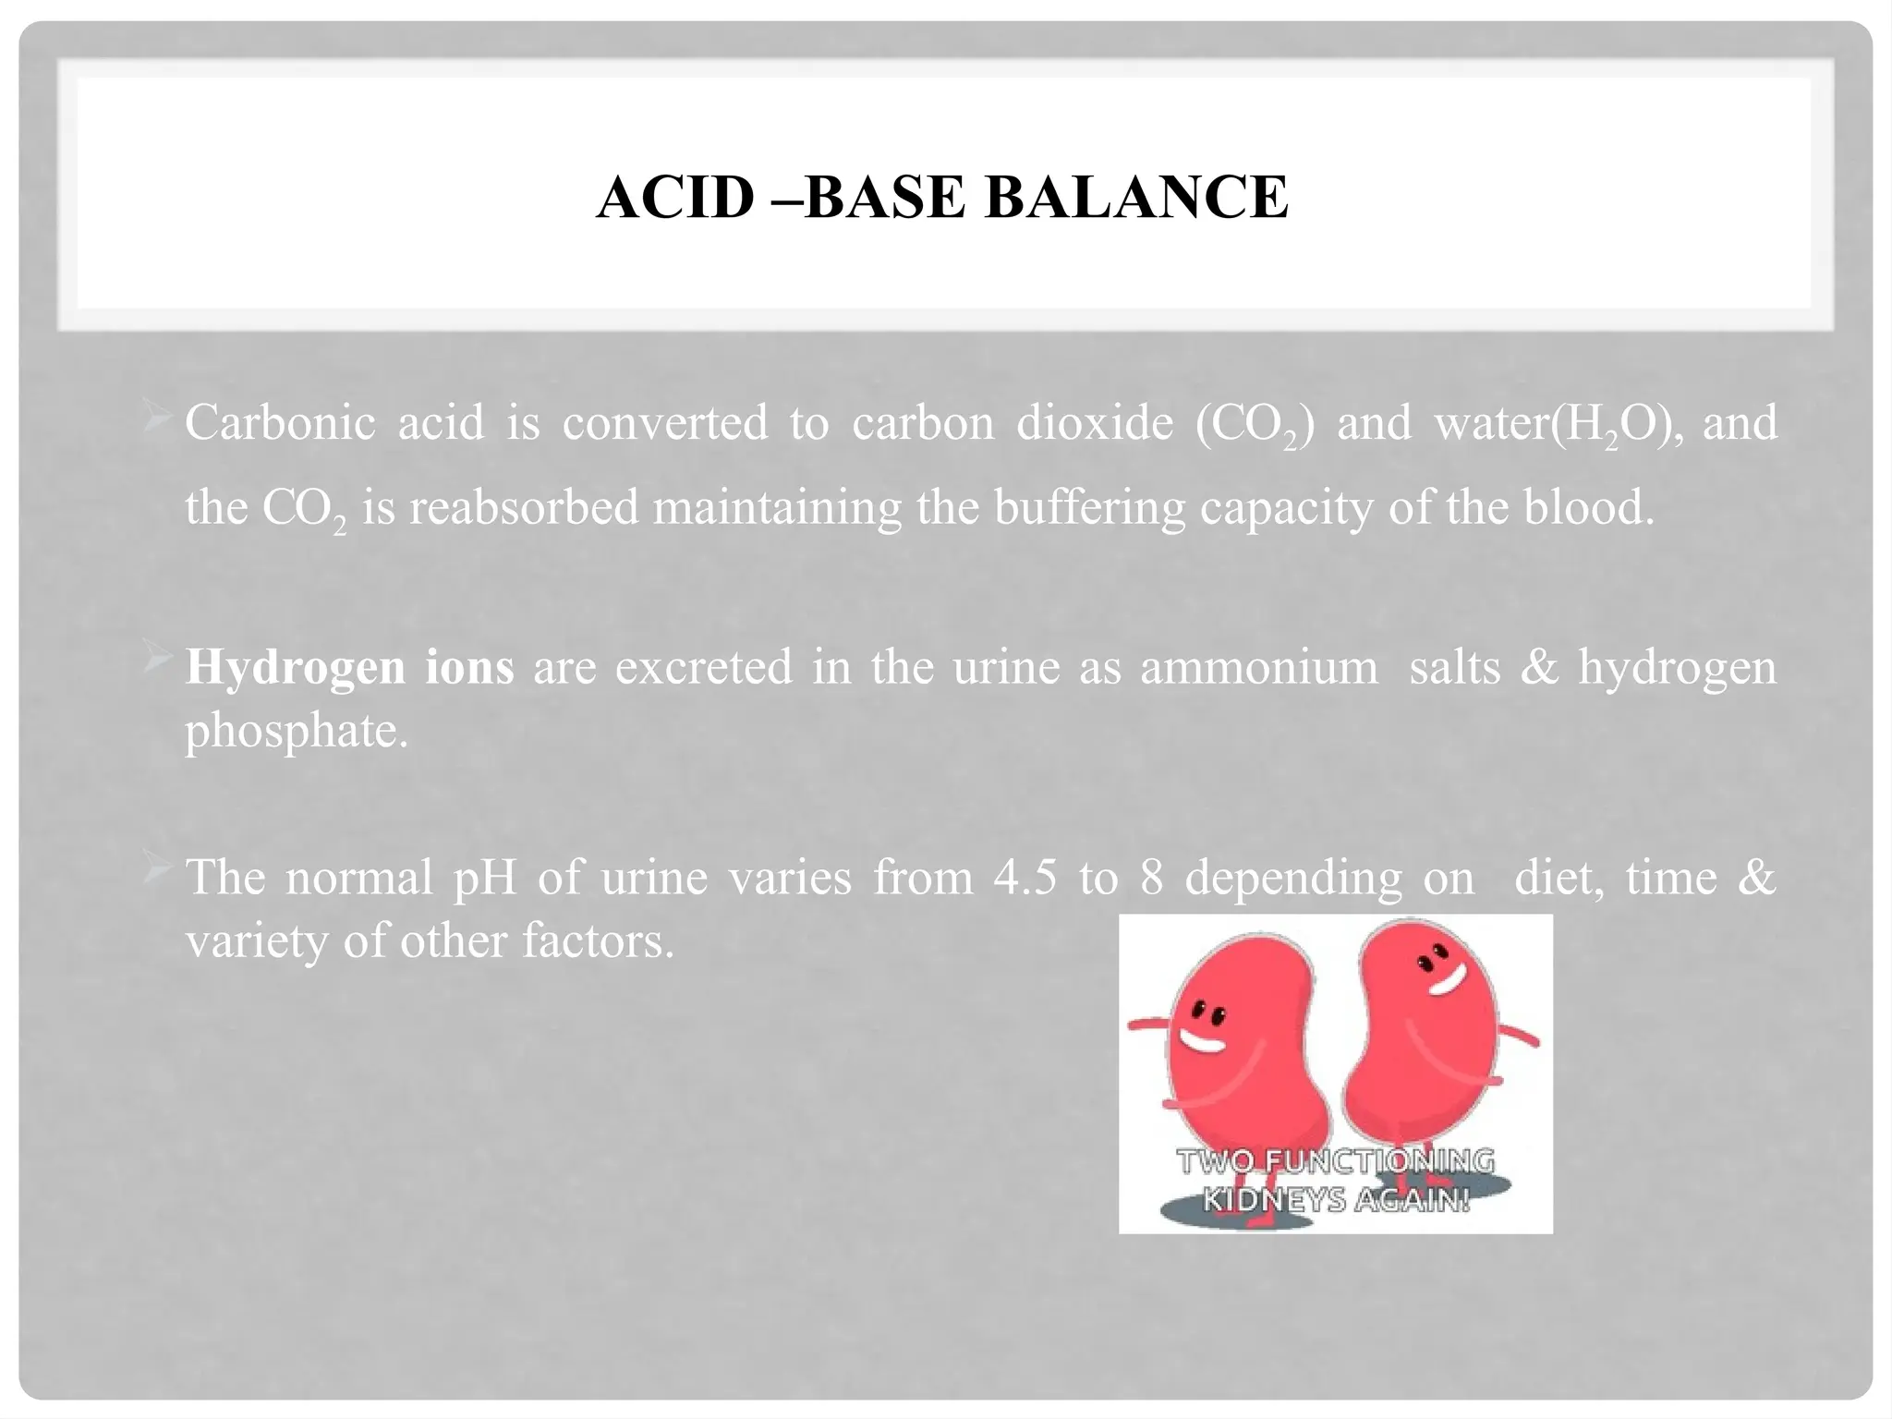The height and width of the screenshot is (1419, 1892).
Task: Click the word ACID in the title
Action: click(x=675, y=197)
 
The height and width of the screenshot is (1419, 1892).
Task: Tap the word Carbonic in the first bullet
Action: click(x=280, y=423)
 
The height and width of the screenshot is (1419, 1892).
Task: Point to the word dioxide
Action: click(x=1094, y=423)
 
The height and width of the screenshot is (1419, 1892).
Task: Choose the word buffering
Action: click(x=1089, y=507)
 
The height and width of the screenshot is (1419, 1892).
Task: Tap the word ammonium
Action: click(x=1258, y=667)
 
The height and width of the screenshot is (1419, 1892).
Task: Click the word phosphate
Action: click(x=296, y=732)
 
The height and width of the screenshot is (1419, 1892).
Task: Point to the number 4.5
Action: click(x=1025, y=877)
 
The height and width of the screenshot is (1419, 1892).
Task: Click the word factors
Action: click(x=598, y=941)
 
